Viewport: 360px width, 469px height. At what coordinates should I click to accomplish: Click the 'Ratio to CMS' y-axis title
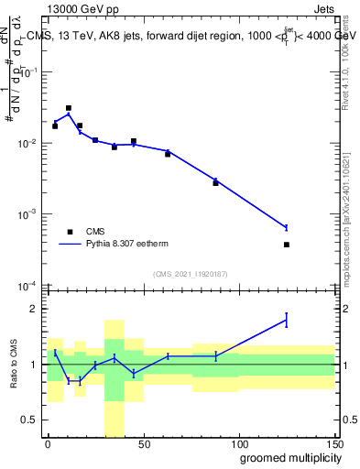[13, 365]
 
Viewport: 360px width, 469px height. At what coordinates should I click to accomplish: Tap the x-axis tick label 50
[143, 443]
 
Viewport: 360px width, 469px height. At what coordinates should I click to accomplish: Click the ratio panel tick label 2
[35, 309]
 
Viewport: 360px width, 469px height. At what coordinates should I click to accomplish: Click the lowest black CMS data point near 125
[287, 245]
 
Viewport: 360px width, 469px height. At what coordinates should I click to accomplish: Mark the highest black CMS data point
[69, 108]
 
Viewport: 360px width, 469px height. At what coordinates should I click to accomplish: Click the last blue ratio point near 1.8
[287, 320]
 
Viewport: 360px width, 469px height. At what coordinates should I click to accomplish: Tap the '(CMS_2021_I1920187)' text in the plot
[190, 273]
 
